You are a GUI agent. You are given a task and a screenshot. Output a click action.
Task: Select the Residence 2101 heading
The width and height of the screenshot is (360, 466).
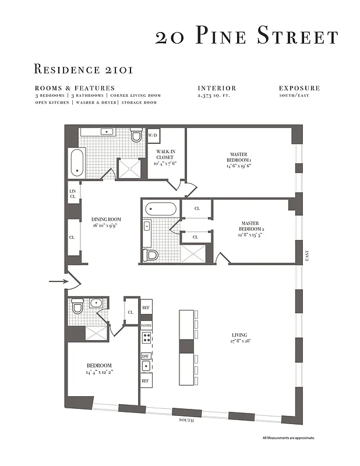coord(84,69)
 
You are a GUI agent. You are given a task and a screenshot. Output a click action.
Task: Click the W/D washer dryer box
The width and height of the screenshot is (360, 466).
coord(153,135)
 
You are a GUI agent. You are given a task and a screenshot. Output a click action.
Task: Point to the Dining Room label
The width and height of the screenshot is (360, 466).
coord(106,222)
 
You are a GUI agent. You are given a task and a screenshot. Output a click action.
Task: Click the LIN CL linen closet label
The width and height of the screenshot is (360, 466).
coord(73,194)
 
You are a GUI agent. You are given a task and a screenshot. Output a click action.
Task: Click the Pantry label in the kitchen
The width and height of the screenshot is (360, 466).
coord(146,326)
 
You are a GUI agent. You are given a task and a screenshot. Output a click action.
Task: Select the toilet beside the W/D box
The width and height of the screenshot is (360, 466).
coord(137,136)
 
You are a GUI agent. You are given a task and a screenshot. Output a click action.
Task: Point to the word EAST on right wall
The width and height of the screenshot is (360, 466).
coord(306,257)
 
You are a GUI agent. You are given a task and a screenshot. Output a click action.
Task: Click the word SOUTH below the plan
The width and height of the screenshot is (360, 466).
coord(186,420)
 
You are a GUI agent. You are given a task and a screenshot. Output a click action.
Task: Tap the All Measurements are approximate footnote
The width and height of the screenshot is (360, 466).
coord(288,437)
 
